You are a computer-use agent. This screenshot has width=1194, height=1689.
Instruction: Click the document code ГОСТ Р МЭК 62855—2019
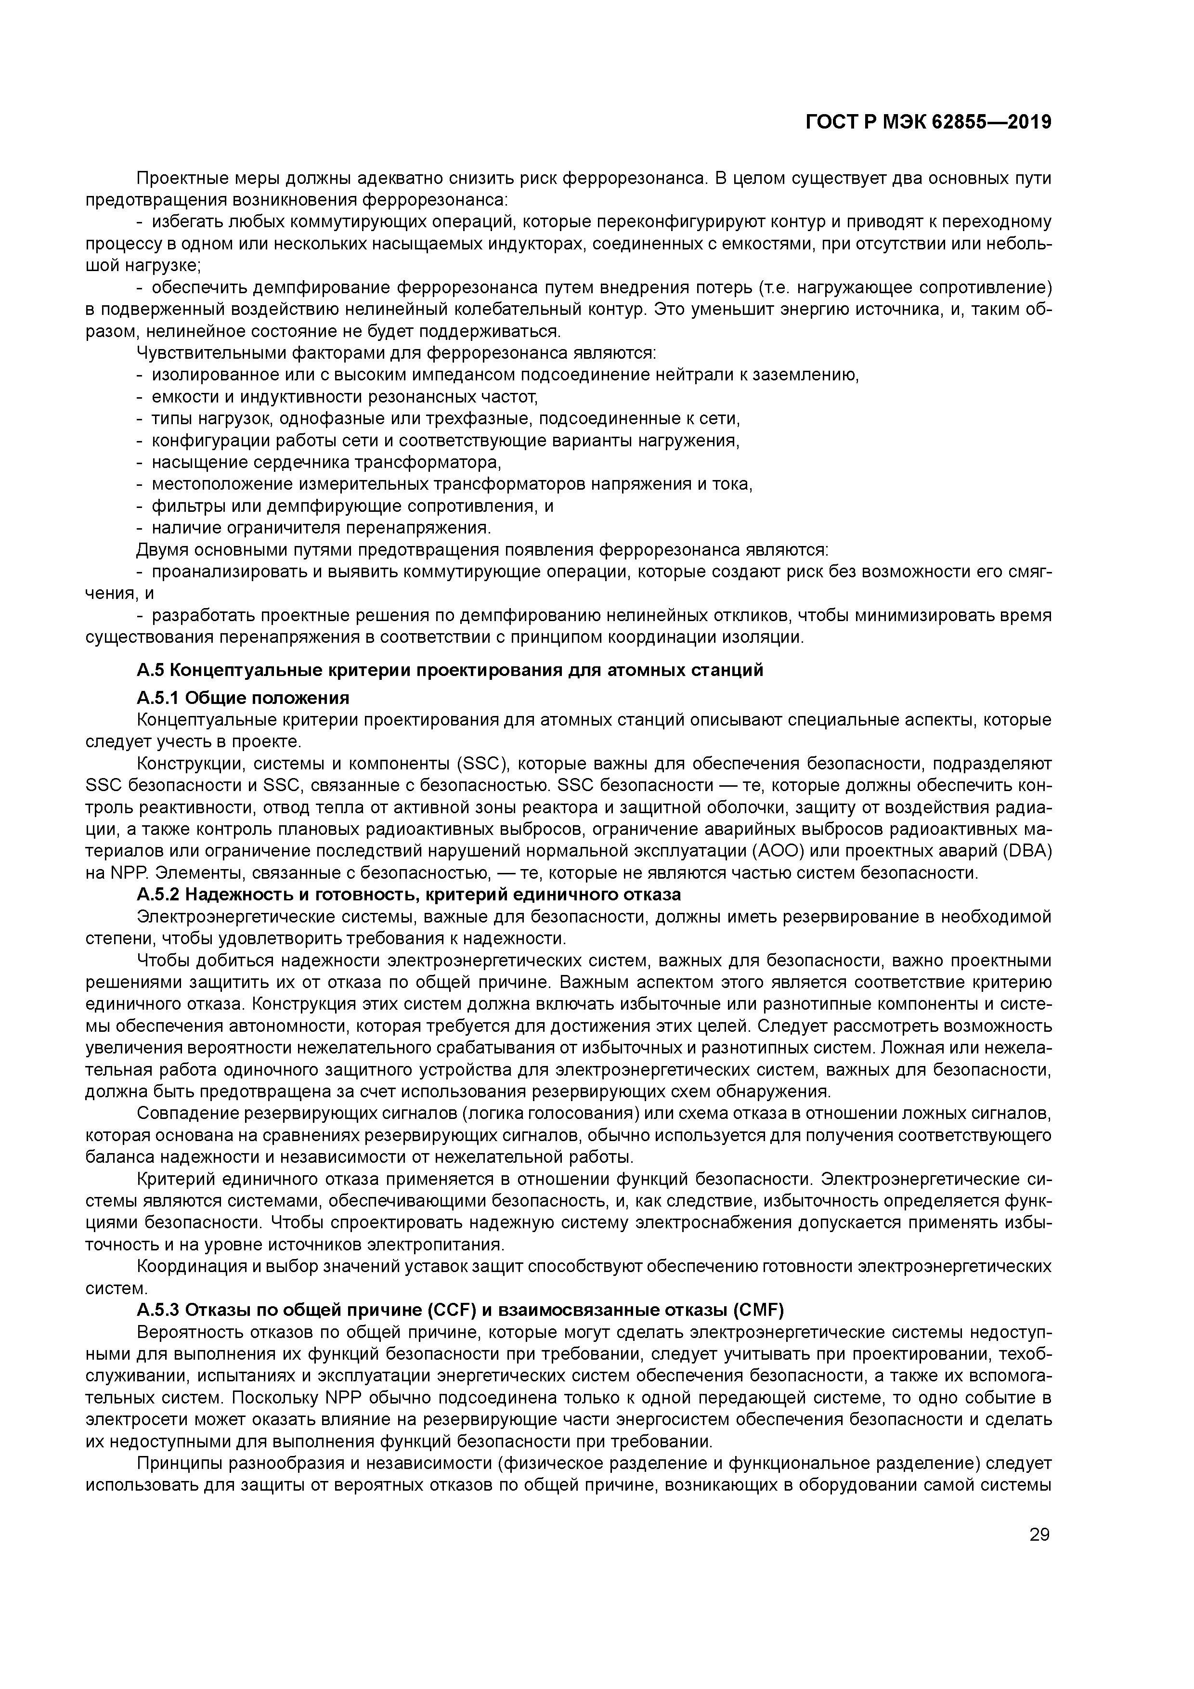tap(928, 123)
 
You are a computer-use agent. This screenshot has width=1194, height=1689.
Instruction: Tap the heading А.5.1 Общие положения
tap(243, 697)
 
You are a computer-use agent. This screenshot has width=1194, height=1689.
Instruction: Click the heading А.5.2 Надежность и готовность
tap(408, 895)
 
